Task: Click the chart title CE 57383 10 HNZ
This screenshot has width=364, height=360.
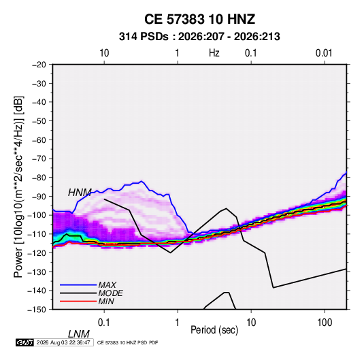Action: tap(199, 19)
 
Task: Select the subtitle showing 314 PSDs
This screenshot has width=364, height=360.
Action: tap(199, 37)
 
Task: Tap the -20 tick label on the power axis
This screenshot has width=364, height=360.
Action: tap(39, 65)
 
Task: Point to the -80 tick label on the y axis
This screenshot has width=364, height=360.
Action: tap(39, 178)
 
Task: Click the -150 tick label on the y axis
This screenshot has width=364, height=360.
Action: tap(37, 310)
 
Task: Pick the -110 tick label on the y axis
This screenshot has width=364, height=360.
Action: tap(37, 234)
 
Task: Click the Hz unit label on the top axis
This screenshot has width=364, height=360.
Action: tap(214, 53)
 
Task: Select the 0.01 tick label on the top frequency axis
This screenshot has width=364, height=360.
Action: tap(324, 53)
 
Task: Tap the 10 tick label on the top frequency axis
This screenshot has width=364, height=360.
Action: tap(104, 53)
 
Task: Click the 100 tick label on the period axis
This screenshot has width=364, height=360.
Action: tap(325, 322)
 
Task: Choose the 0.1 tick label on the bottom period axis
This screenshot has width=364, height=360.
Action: tap(104, 322)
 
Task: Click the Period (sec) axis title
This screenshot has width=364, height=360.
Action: tap(214, 330)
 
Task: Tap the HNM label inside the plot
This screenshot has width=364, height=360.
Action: tap(80, 193)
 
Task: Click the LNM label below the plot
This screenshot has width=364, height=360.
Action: tap(78, 334)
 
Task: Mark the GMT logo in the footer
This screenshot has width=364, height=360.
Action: tap(25, 342)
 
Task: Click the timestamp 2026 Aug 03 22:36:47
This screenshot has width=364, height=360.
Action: tap(63, 342)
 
